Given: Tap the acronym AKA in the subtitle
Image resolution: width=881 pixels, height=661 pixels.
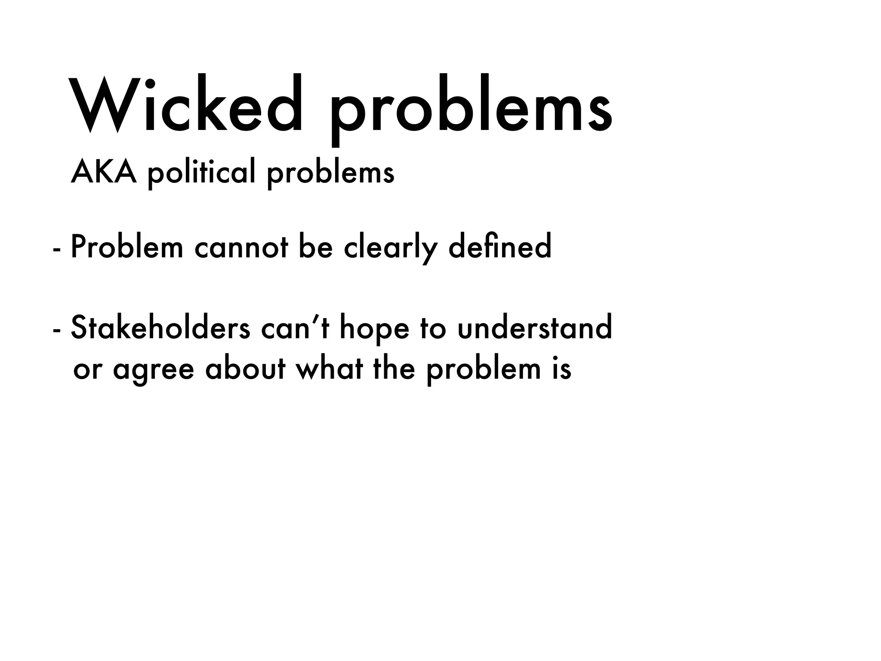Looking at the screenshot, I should [x=104, y=172].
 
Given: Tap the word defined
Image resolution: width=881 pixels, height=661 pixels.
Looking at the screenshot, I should [x=499, y=247].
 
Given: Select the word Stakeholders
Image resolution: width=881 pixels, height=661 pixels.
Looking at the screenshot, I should [x=160, y=327].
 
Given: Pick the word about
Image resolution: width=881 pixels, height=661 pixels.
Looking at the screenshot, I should [x=245, y=368].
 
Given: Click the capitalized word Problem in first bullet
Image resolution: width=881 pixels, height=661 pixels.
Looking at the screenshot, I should [x=127, y=247].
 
